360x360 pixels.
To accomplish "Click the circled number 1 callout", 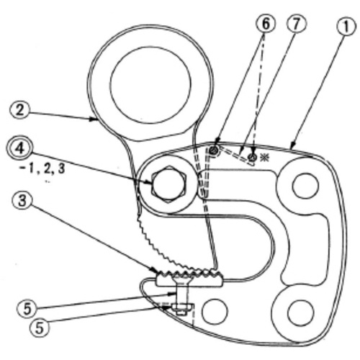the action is (346, 27).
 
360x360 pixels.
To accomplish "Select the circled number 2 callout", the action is (19, 111).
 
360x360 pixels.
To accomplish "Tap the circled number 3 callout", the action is (22, 201).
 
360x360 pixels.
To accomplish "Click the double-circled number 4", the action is (19, 149).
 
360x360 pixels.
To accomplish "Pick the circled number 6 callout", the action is (266, 24).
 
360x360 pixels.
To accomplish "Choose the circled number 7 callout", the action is (296, 24).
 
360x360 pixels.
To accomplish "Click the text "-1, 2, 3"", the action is (42, 169).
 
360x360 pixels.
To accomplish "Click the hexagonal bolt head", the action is (168, 184).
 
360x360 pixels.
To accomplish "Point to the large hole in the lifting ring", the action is (150, 85).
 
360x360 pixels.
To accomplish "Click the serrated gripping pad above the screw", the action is (189, 278).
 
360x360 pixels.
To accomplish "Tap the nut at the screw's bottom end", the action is (182, 308).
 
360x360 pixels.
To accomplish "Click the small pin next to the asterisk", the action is (253, 157).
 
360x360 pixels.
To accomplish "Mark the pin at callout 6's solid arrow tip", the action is (214, 150).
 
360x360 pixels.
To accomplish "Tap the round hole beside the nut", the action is (215, 311).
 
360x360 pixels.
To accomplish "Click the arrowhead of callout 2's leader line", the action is (94, 118).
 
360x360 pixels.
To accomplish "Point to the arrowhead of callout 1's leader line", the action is (292, 145).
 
